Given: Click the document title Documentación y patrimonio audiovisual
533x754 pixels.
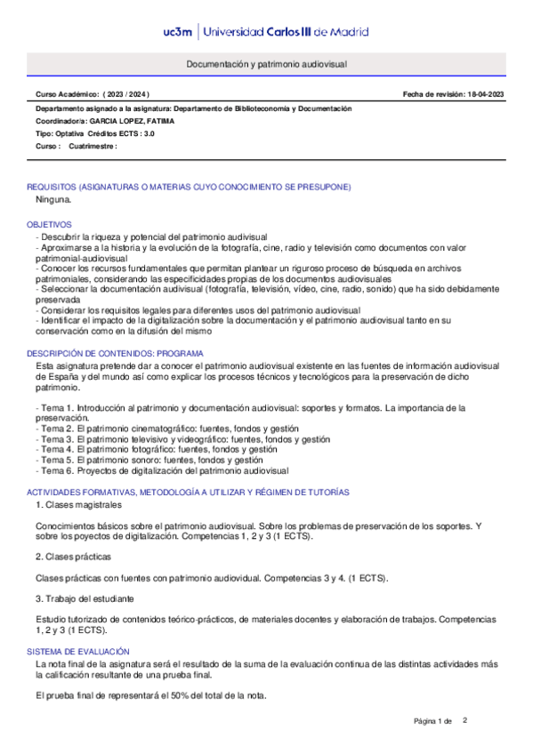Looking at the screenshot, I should click(266, 65).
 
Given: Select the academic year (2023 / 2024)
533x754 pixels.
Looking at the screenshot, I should click(127, 94).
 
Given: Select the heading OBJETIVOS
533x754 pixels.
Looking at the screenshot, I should click(49, 225).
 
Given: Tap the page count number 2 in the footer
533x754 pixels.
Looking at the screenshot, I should click(464, 719).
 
